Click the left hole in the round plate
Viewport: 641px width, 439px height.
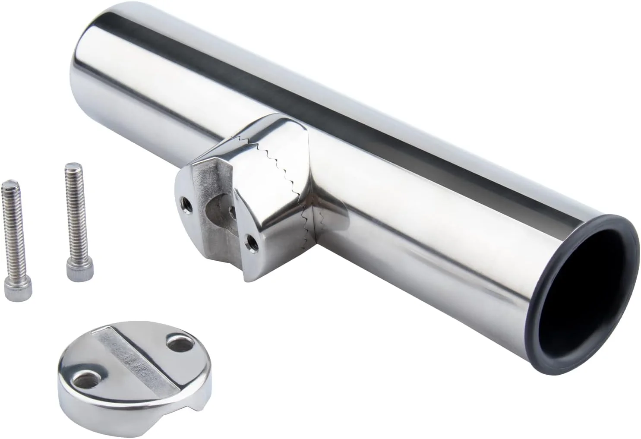point(84,379)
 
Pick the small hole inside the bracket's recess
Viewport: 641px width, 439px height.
point(232,211)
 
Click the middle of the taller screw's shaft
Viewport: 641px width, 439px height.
point(72,216)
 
